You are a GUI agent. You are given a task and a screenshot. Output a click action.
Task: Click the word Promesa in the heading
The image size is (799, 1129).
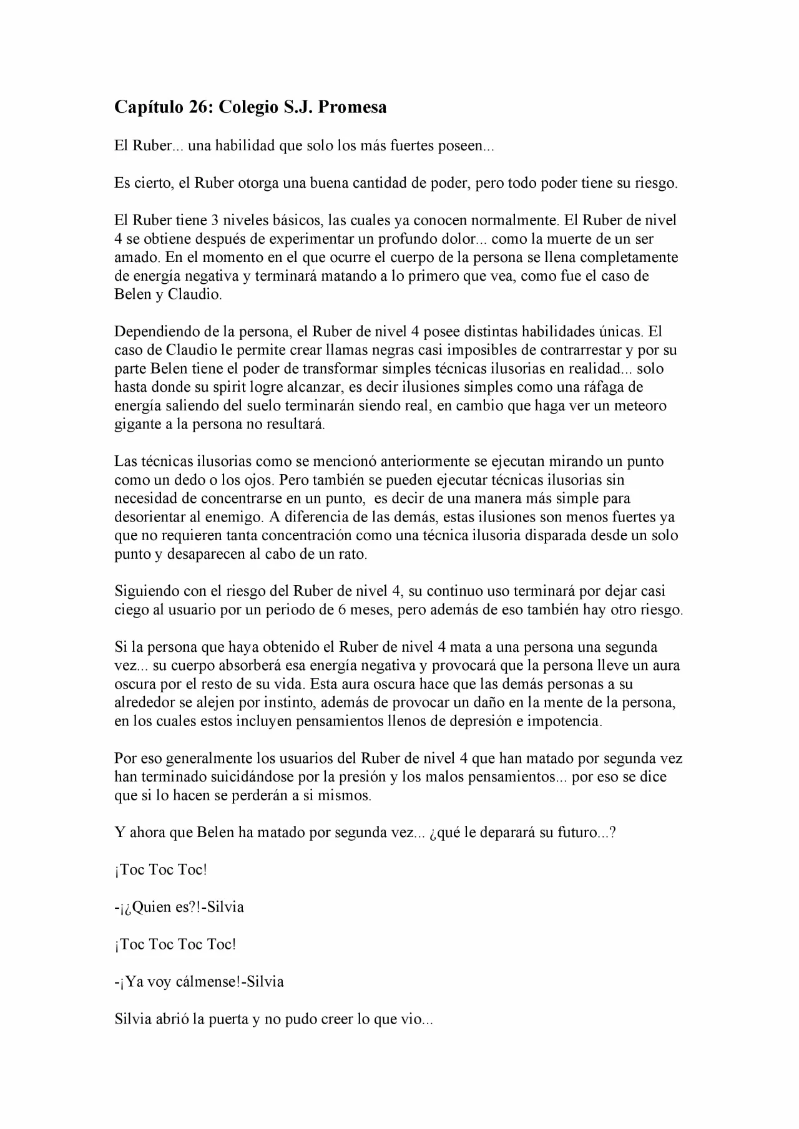pyautogui.click(x=353, y=107)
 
